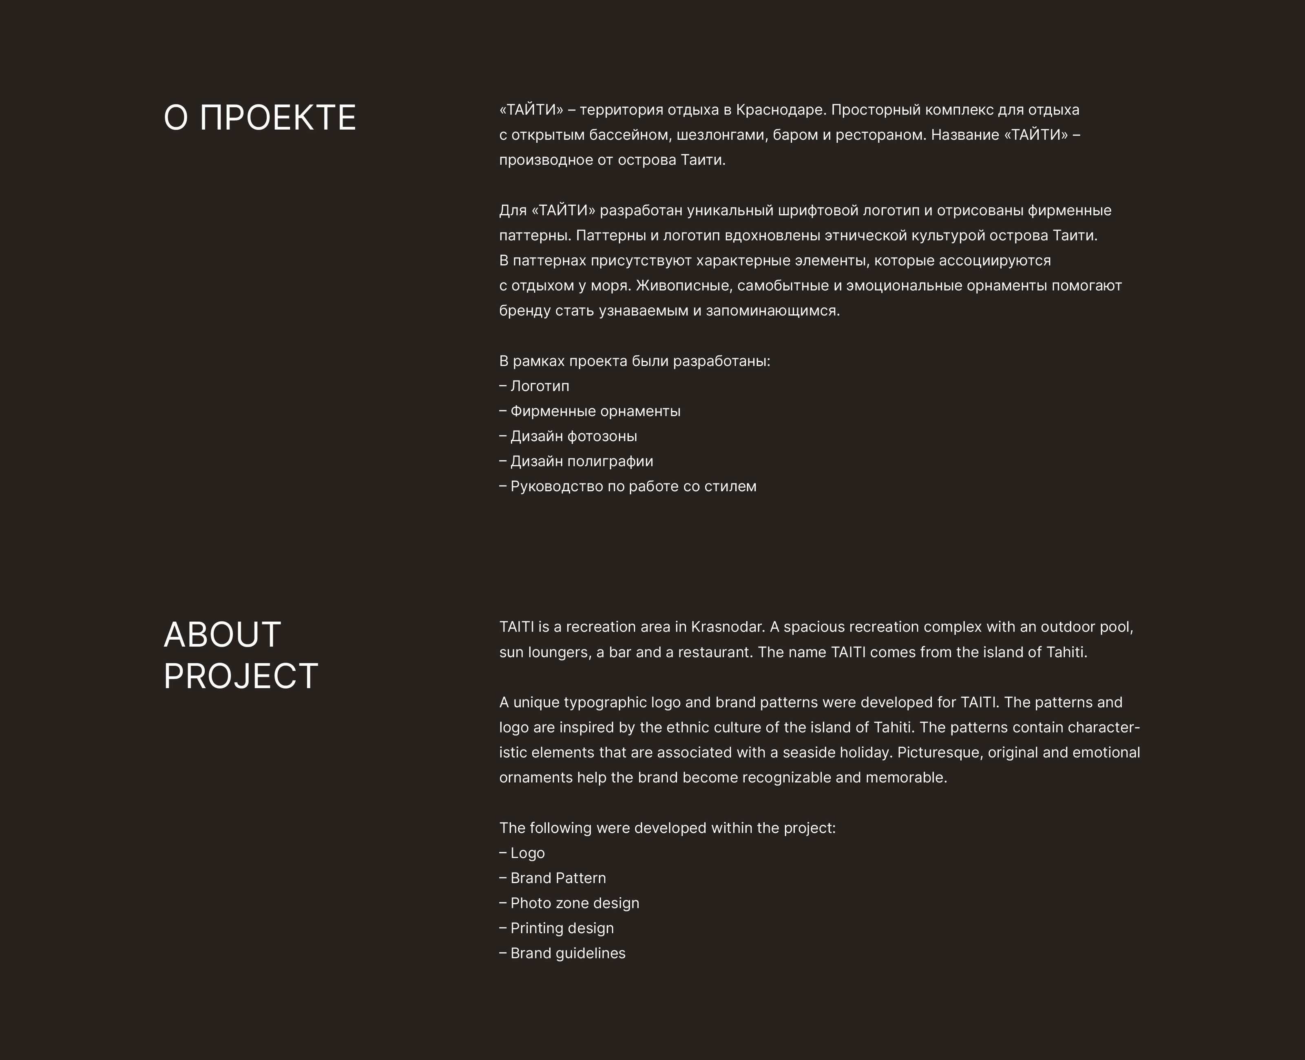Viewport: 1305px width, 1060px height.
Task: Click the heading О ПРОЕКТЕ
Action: (x=259, y=118)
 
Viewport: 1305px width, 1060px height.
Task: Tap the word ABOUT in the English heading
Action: (x=222, y=635)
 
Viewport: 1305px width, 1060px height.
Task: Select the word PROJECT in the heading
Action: (x=241, y=676)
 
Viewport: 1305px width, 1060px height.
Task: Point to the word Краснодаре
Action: (x=781, y=110)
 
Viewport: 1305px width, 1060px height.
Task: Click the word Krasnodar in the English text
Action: (x=727, y=627)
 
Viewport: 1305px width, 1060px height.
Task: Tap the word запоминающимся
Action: (x=772, y=311)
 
